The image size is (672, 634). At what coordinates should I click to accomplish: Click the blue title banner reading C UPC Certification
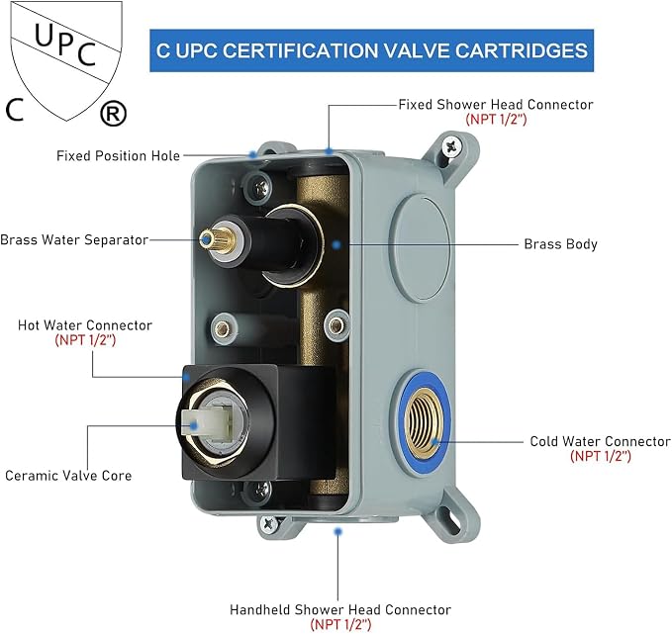coord(371,50)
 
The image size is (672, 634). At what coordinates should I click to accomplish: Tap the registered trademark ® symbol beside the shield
coord(113,114)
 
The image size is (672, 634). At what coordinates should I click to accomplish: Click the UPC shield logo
coord(66,61)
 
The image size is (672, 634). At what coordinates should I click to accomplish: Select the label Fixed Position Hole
coord(119,156)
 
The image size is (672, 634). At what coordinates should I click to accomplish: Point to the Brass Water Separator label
coord(74,240)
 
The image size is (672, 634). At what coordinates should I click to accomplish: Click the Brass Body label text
coord(560,244)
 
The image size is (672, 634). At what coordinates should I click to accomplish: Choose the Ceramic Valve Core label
coord(68,476)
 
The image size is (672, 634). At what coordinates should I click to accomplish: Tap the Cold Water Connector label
coord(600,441)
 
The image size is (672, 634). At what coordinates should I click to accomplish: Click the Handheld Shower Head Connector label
coord(340,609)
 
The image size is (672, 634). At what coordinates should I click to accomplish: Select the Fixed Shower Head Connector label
coord(496,105)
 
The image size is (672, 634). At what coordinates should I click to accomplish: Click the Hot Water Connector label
coord(85,325)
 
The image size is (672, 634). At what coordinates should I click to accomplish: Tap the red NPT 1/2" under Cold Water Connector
coord(601,456)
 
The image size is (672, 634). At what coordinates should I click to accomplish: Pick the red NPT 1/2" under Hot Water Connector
coord(85,340)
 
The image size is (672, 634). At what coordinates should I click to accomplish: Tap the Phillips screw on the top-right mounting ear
coord(452,146)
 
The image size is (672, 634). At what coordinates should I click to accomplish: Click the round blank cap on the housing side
coord(421,248)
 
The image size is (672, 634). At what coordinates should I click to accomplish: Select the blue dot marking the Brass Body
coord(336,245)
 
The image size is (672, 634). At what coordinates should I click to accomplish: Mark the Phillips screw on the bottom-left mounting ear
coord(269,523)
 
